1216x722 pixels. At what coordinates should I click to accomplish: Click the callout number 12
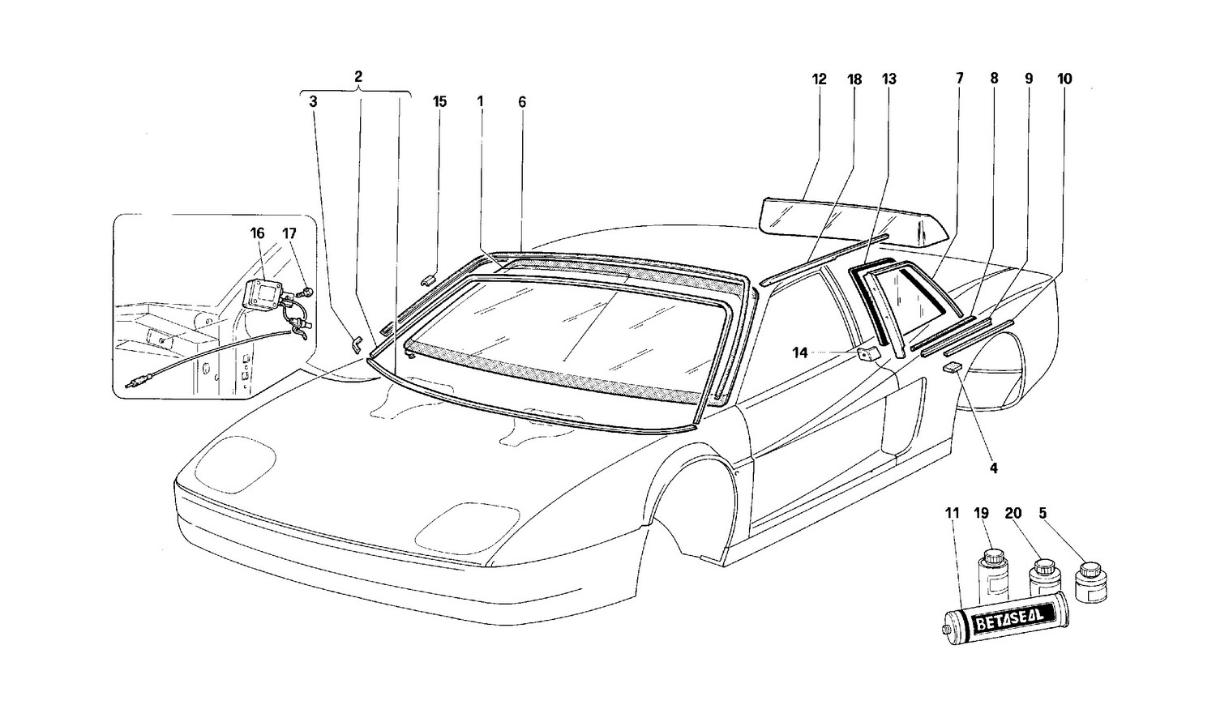pos(819,79)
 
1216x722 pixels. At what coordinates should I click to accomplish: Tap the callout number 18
pos(854,79)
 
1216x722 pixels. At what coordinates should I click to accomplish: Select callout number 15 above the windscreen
pos(439,102)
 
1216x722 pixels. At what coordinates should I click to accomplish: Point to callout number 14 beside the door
pos(800,352)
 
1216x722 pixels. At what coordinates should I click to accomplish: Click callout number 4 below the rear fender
pos(993,468)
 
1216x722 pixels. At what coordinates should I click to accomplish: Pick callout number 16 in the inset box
pos(257,233)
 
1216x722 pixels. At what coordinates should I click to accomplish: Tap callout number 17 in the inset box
pos(289,233)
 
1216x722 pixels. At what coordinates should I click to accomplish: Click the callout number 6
pos(522,102)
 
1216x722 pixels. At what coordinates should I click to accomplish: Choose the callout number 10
pos(1064,79)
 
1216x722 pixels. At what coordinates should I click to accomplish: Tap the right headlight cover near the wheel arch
pos(468,524)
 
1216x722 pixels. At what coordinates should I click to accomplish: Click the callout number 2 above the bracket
pos(358,77)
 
